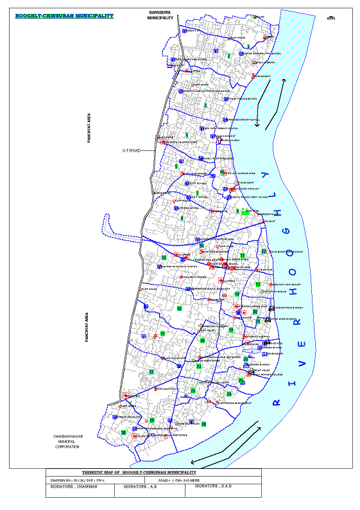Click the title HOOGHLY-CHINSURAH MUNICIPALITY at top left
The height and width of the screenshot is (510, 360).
click(x=64, y=13)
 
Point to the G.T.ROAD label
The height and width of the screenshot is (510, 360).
click(x=132, y=151)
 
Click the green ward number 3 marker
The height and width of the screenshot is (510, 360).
click(x=205, y=105)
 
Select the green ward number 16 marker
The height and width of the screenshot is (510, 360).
click(x=179, y=309)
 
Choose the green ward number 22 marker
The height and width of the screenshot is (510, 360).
click(x=151, y=372)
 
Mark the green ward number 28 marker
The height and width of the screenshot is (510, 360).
click(x=152, y=420)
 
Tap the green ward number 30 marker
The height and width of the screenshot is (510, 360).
click(x=123, y=433)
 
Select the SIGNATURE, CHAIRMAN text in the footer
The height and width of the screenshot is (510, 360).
click(x=71, y=487)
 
